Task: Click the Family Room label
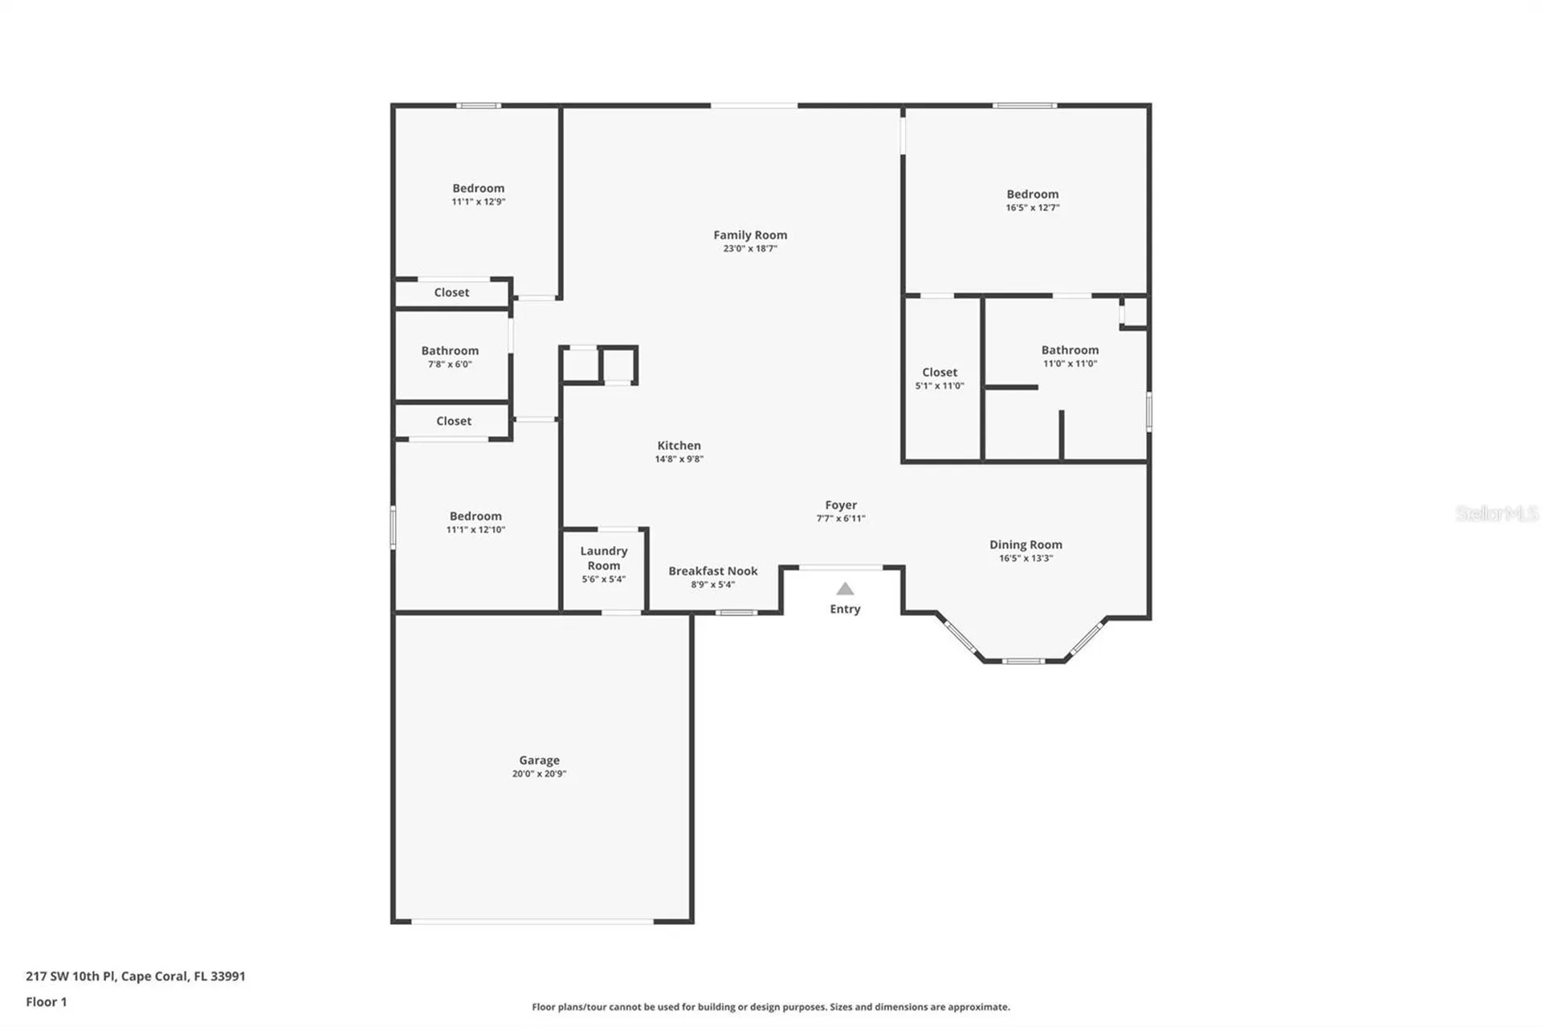click(x=749, y=235)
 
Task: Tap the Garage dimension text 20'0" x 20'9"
click(x=539, y=774)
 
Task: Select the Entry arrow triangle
click(x=845, y=589)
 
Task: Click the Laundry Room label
click(x=603, y=558)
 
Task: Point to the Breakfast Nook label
click(x=712, y=571)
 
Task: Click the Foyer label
click(x=841, y=505)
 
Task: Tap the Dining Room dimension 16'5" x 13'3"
click(x=1026, y=558)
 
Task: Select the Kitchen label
click(x=679, y=446)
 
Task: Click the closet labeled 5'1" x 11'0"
click(x=940, y=373)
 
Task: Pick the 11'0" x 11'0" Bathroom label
click(x=1070, y=350)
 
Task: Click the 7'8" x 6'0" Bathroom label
click(x=450, y=351)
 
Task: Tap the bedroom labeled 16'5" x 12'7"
click(x=1032, y=194)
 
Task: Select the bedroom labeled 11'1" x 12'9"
click(x=478, y=189)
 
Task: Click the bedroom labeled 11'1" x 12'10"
click(x=475, y=516)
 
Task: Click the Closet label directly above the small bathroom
click(x=451, y=292)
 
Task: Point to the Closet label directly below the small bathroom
click(x=454, y=421)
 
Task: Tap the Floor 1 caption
click(x=47, y=1002)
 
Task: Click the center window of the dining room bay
click(x=1023, y=661)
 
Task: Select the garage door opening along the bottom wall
click(x=532, y=922)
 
